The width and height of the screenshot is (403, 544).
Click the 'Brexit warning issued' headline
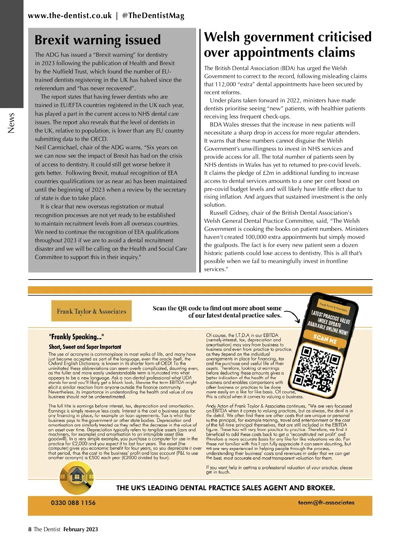coord(98,40)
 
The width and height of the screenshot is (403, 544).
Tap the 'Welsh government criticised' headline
coord(288,37)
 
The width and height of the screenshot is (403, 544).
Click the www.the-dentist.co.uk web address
coord(70,15)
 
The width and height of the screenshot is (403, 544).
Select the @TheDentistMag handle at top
coord(153,15)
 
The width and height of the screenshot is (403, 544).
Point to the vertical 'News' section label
coord(11,122)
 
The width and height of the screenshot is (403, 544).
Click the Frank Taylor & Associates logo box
coord(91,311)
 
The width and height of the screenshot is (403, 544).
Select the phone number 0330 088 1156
coord(73,503)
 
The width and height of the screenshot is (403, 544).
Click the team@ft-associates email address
coord(326,502)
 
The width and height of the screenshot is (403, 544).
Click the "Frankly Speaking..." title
coord(76,337)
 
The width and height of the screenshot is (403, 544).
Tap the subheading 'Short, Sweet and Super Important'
coord(85,347)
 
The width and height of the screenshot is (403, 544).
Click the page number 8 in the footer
coord(30,529)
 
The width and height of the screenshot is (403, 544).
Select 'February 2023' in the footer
coord(81,529)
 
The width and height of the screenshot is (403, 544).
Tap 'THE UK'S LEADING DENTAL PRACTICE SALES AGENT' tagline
coord(225,488)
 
